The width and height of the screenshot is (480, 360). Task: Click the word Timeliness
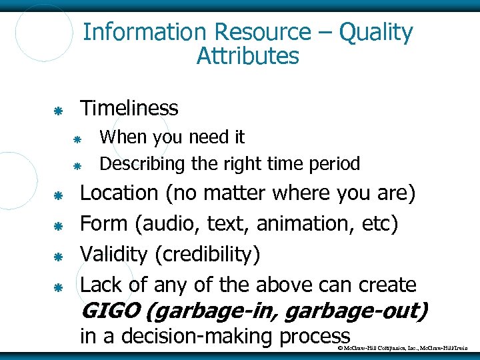(x=129, y=108)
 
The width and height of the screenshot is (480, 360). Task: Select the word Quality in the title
(x=375, y=32)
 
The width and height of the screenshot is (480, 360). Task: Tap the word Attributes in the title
(x=247, y=56)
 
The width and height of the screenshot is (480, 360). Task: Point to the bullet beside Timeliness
(x=58, y=109)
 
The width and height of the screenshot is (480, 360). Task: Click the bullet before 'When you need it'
(x=77, y=139)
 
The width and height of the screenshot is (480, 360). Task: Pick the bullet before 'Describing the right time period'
(x=77, y=165)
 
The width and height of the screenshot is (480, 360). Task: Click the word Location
(x=119, y=193)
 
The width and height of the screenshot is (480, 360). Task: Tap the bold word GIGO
(x=108, y=311)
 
